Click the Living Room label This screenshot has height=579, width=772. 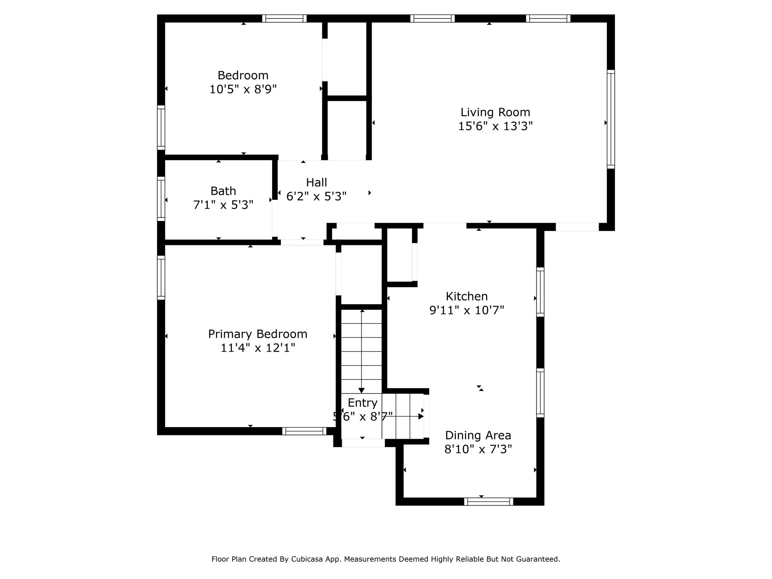click(495, 112)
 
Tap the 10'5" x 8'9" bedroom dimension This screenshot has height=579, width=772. click(243, 89)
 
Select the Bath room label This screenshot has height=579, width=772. click(223, 191)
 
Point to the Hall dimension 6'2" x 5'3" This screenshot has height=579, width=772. click(316, 196)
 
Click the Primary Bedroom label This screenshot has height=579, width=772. click(258, 334)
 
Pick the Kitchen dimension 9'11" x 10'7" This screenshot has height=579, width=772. click(467, 310)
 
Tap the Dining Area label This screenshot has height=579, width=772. click(478, 435)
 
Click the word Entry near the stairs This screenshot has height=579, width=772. click(363, 403)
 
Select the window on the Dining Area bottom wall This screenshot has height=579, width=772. click(489, 501)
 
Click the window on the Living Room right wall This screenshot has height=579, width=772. click(611, 119)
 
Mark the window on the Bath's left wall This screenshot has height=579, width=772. click(161, 199)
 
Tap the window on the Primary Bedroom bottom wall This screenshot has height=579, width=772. click(304, 431)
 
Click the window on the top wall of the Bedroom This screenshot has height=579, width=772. click(284, 18)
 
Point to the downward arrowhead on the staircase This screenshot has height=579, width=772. click(362, 391)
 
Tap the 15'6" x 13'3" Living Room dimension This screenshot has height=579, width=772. click(495, 126)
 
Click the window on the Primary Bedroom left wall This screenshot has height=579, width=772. click(161, 278)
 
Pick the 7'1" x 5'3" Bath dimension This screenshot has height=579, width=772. click(223, 205)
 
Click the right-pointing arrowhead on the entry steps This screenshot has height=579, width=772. click(421, 417)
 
